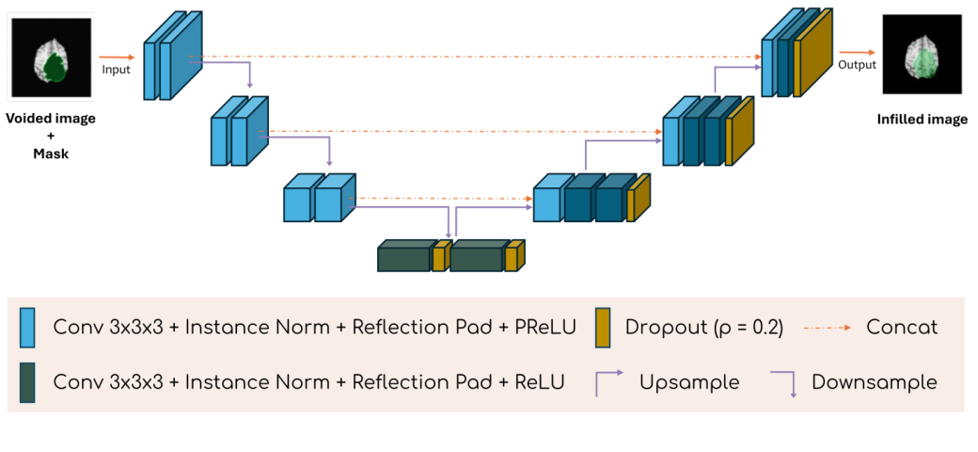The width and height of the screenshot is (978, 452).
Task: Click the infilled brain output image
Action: coord(923,58)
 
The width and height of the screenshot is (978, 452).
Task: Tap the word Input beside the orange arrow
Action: coord(117,69)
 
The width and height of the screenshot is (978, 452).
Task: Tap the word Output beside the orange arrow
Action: coord(857,65)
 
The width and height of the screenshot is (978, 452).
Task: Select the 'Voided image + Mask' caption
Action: coord(51,137)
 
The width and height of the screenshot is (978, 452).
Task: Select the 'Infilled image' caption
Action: coord(923,120)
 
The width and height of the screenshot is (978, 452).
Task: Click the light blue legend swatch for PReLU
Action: coord(27,328)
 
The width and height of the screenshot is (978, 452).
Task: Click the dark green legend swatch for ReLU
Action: coord(27,382)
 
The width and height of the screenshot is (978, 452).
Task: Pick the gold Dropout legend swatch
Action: coord(606,328)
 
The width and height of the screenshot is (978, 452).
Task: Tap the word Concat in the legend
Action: coord(902,328)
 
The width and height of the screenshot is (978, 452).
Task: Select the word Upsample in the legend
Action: coord(688,383)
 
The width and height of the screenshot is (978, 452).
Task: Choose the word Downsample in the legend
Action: coord(874,383)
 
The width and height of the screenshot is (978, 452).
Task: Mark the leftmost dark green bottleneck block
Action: coord(404,257)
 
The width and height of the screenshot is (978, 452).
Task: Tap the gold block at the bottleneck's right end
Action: coord(513,257)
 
